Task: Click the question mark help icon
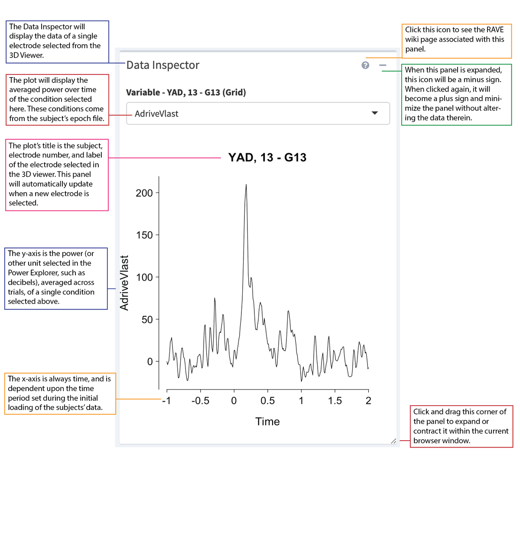point(365,65)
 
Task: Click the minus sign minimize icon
point(383,65)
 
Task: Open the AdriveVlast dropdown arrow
point(375,113)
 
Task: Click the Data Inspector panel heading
point(162,65)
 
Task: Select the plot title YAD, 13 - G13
point(267,157)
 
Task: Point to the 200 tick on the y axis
point(144,193)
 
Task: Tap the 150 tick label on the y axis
point(144,235)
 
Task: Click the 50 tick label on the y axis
point(147,320)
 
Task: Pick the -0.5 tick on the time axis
point(200,401)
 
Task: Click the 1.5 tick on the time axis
point(335,401)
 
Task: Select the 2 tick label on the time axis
point(368,401)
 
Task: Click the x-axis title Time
point(267,422)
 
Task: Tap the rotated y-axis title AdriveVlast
point(124,283)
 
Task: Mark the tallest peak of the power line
point(246,185)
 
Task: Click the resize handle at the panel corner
point(393,441)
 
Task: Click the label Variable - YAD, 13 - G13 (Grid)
point(186,92)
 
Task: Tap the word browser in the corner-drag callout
point(429,441)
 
